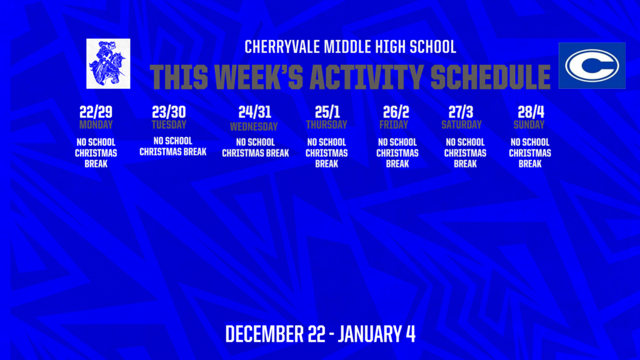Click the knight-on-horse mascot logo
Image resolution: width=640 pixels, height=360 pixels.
(109, 63)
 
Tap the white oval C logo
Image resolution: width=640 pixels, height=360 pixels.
(591, 65)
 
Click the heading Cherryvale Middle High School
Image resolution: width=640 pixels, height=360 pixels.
(350, 47)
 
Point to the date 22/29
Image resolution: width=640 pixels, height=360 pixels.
(96, 112)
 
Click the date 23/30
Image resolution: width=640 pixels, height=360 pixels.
(169, 112)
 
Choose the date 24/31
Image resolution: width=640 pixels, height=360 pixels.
(254, 112)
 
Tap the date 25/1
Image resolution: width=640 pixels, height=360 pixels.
(326, 112)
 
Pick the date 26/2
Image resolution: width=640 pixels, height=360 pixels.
(396, 112)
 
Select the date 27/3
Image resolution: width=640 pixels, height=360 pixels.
(461, 112)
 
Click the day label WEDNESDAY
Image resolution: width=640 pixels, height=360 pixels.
(254, 126)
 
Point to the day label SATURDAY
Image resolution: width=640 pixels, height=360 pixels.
(461, 124)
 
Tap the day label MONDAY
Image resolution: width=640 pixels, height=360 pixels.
(96, 124)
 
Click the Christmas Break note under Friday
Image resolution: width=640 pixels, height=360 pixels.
(397, 153)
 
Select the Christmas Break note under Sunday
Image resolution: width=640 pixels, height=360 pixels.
(530, 153)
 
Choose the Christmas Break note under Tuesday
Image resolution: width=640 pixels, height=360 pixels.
(172, 146)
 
